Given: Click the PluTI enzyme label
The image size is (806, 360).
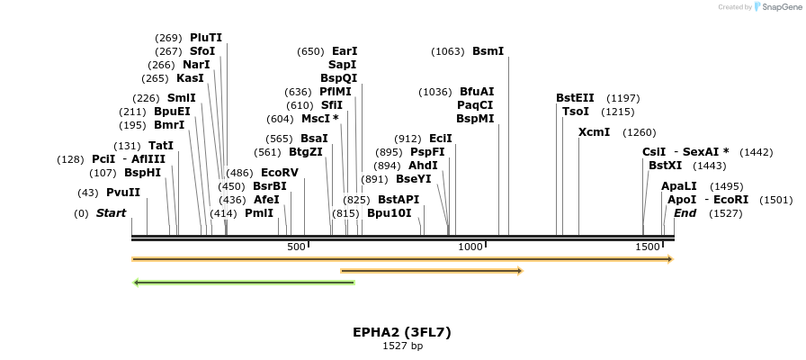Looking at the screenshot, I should (x=205, y=38).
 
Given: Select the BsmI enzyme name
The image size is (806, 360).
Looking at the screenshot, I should (x=488, y=51).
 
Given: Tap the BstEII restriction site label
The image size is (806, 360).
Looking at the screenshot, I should (x=575, y=98).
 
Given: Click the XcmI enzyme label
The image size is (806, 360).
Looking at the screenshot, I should (x=594, y=132).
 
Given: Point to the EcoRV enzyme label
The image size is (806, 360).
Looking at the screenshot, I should (x=279, y=173).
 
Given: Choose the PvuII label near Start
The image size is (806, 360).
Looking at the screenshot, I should (x=123, y=193).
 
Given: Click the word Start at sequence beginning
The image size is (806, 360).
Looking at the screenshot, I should (x=111, y=213).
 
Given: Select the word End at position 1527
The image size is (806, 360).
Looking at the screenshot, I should (x=685, y=213).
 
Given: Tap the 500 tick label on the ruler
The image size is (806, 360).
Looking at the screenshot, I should (x=297, y=247).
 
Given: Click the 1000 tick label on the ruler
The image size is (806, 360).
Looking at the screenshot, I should (x=470, y=247).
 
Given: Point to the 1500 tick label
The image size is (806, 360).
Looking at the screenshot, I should (x=648, y=247).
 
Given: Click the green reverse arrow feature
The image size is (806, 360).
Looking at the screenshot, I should (x=244, y=283).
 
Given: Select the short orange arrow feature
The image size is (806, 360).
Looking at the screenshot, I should (x=431, y=270).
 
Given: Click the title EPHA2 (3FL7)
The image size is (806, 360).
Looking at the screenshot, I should (x=402, y=332).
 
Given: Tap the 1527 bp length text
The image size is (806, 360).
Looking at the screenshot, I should (x=402, y=346).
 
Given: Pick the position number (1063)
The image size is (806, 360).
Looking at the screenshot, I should (x=448, y=51).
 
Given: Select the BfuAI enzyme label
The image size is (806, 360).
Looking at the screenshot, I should (x=477, y=92).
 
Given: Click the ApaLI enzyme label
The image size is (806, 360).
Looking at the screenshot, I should (x=679, y=186).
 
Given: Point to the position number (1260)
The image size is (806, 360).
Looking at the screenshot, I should (x=640, y=132).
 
